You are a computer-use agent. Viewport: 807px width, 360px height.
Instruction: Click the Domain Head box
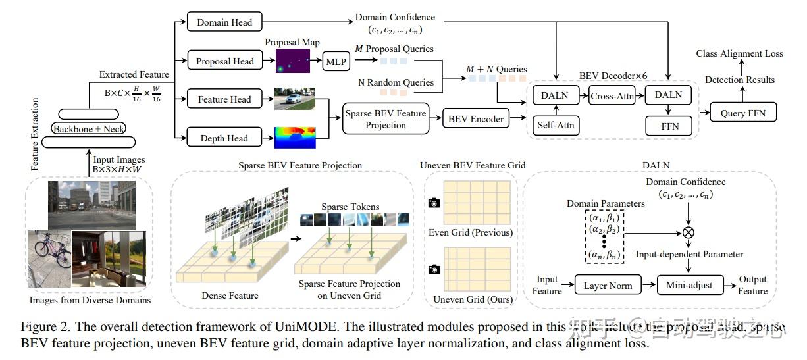point(224,22)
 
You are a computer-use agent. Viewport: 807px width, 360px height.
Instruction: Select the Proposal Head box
point(224,61)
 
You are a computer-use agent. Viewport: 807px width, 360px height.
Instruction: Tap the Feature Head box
point(224,99)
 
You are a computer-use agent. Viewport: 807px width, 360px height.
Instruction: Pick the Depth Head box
point(224,138)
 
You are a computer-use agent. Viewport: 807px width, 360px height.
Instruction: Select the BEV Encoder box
point(476,119)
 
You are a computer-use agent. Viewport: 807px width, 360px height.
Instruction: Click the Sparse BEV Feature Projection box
point(385,119)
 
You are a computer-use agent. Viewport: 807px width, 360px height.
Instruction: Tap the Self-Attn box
point(555,124)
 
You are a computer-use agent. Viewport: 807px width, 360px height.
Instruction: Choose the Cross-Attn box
point(612,95)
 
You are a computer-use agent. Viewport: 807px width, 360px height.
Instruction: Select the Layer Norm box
point(608,286)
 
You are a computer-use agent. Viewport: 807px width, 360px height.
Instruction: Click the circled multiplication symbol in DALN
point(688,232)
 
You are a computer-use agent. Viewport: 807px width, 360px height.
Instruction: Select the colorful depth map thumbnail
point(295,138)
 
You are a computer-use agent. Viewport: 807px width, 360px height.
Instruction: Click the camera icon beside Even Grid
point(434,203)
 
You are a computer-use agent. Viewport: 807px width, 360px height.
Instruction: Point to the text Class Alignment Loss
point(739,53)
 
